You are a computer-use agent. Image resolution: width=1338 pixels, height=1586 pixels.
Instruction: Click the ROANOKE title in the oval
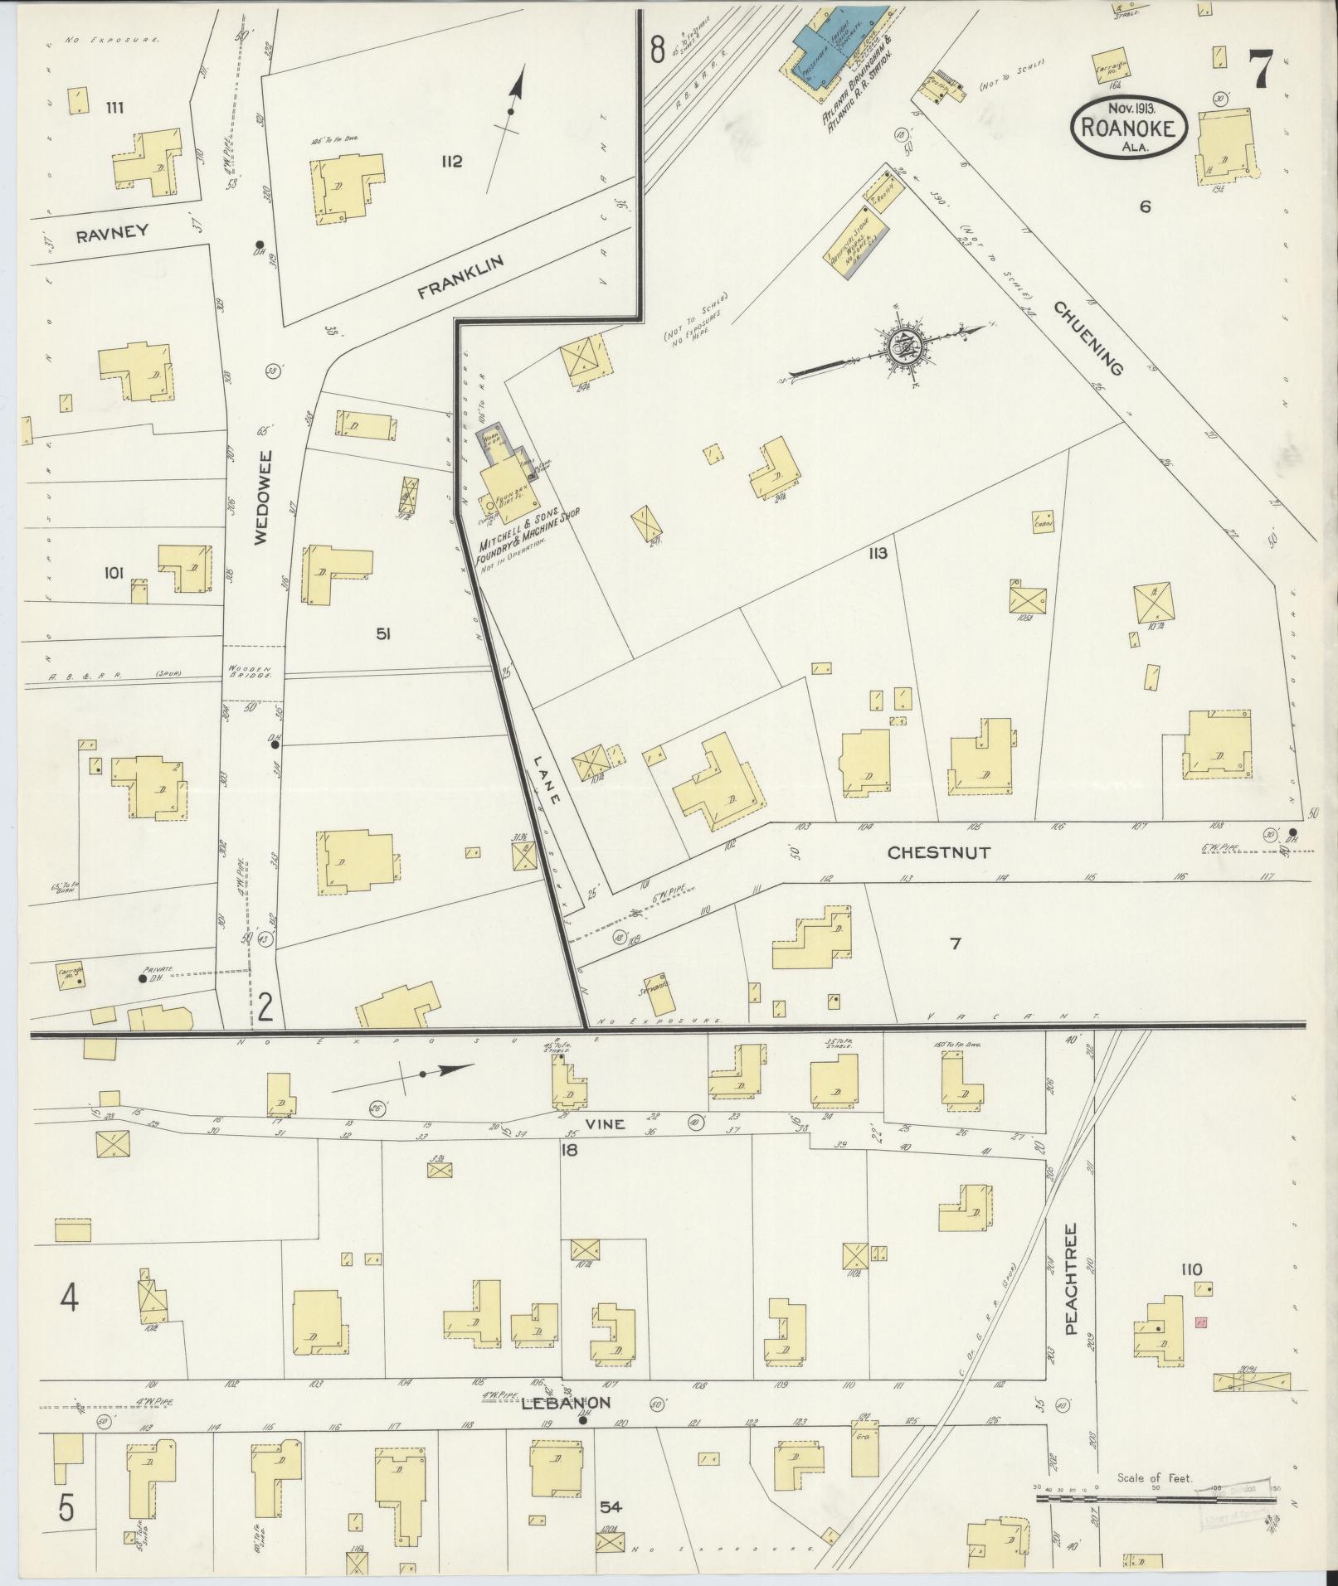pos(1131,127)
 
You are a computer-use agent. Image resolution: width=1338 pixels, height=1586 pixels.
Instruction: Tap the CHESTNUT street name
pos(938,852)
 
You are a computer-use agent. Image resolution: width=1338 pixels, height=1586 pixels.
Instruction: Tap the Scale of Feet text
pos(1154,1477)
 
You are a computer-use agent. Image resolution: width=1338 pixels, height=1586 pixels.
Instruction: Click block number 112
pos(451,162)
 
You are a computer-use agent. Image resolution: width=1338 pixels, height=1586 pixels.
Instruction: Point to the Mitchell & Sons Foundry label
pos(528,540)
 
